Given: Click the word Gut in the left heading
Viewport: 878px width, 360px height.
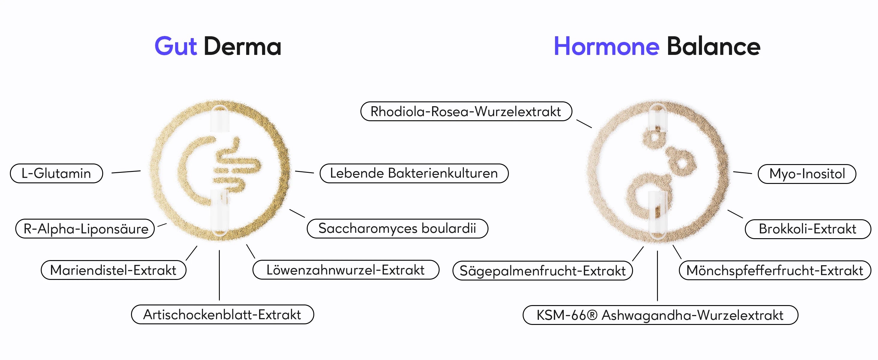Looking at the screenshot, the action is pos(175,46).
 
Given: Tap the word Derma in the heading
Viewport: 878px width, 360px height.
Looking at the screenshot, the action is pos(242,46).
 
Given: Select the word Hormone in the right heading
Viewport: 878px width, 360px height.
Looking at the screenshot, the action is pos(606,46).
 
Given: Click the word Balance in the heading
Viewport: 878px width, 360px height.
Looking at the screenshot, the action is pos(713,46).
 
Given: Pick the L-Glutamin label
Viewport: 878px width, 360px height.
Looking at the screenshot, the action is pos(57,173).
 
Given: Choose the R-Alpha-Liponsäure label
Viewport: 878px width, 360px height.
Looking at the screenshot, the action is pos(85,228).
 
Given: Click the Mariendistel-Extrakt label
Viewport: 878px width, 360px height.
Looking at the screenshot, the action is pos(114,270).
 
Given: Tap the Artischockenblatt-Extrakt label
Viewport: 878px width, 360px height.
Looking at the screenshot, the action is pos(222,314).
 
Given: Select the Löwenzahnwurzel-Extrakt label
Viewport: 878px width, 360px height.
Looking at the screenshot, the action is pos(346,270).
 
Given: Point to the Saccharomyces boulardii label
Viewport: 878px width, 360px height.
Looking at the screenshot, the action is pos(397,228).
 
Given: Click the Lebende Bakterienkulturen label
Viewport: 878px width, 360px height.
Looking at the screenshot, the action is pos(414,173).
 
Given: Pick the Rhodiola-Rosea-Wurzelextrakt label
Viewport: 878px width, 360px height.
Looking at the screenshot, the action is pos(466,111).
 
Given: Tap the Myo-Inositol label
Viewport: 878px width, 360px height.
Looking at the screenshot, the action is pos(807,174).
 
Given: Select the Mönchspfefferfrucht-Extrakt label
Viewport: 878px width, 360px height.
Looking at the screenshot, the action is pos(775,270).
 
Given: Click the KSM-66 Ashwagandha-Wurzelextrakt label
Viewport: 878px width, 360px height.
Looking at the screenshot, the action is pos(660,315).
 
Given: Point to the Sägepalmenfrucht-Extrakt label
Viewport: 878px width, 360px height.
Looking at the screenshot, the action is pos(543,271).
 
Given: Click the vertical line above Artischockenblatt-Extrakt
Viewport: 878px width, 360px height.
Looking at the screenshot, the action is pos(220,275).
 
